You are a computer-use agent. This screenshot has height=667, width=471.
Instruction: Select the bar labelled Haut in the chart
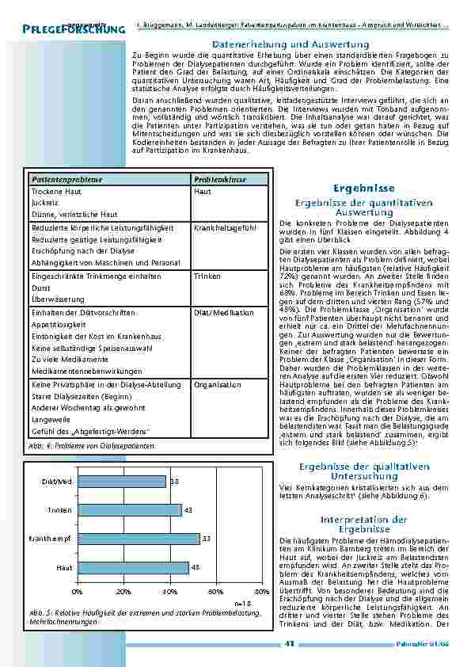133,567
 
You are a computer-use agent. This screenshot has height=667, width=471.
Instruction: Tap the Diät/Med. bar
121,482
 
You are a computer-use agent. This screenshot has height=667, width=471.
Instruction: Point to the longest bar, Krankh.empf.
139,539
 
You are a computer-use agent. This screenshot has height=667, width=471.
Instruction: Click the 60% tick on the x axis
216,592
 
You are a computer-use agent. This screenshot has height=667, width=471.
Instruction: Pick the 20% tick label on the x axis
123,592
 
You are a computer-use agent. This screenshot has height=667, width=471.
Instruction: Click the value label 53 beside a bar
206,539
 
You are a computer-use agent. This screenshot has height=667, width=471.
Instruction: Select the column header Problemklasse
218,181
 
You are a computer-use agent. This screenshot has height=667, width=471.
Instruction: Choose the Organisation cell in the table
218,385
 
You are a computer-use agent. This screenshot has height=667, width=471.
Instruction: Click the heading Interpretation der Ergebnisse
363,524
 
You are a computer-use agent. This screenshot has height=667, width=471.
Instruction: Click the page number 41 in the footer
289,643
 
